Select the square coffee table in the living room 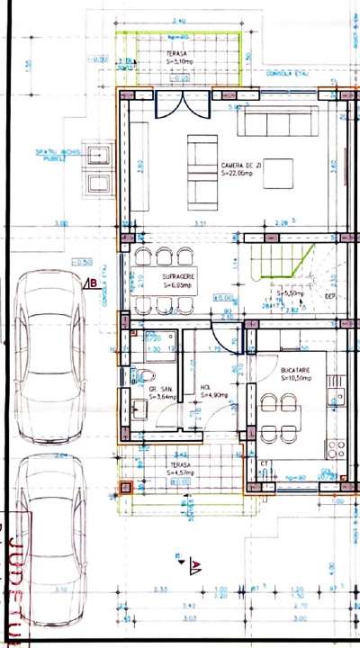click(278, 171)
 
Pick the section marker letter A click(194, 565)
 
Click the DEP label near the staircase click(330, 294)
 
